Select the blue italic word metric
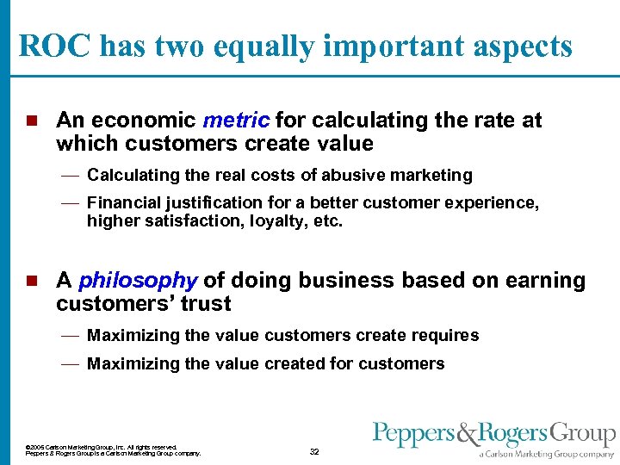[237, 121]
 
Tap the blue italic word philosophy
[138, 281]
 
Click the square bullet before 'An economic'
[32, 121]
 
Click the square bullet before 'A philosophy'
[32, 281]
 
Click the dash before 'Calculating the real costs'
[71, 176]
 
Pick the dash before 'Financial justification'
[71, 203]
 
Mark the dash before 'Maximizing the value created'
[71, 364]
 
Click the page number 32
[314, 451]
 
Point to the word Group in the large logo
[584, 434]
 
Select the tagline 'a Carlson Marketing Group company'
[547, 453]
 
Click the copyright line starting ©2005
[102, 447]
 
